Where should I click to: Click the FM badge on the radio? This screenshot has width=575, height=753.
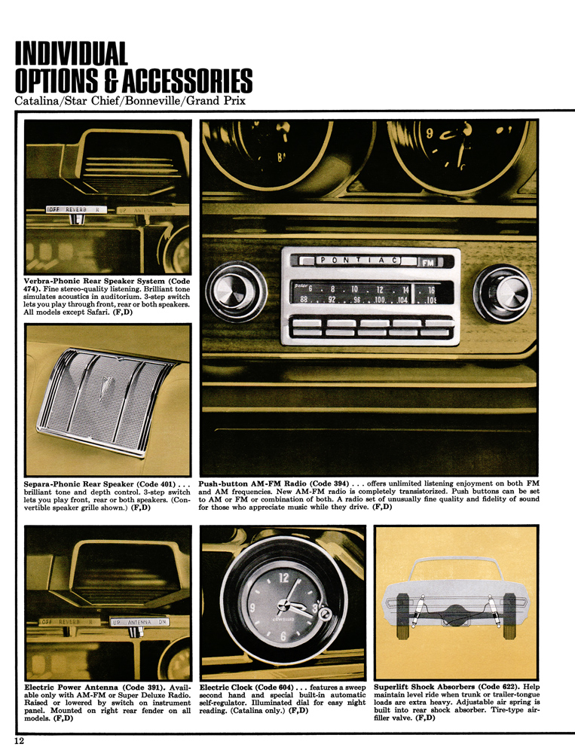pos(427,262)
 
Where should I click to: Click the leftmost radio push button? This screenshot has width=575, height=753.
pos(306,326)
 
